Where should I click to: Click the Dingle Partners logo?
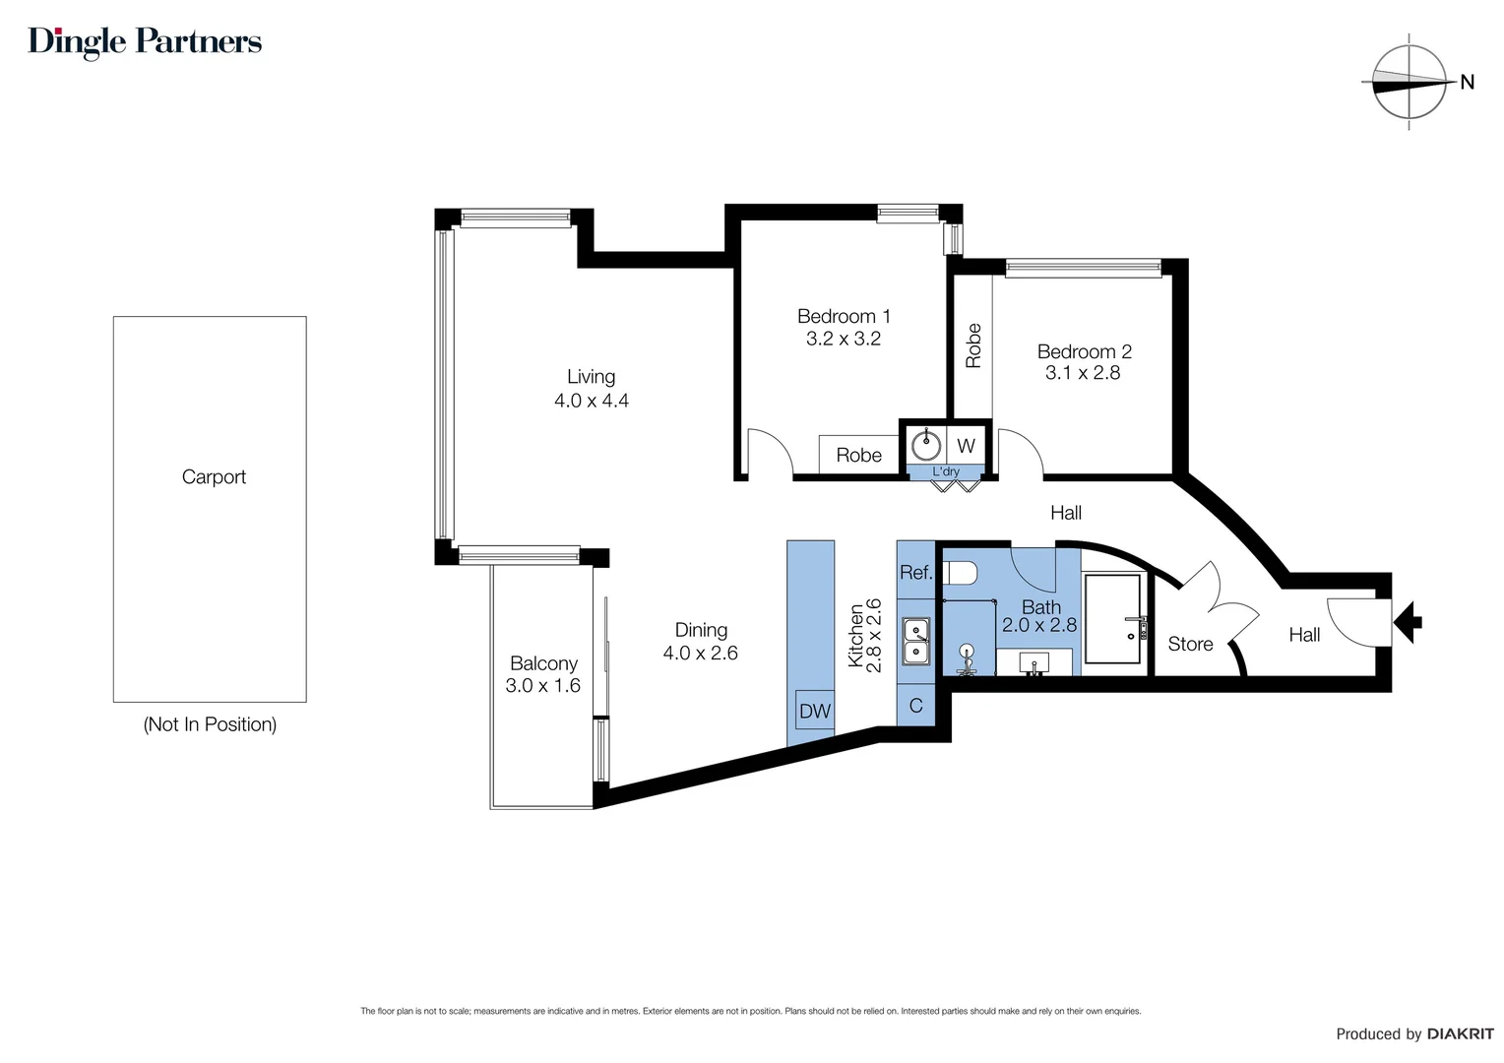pos(145,41)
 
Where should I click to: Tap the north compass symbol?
pos(1410,83)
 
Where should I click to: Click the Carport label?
pos(214,477)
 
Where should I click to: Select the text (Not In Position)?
pos(210,724)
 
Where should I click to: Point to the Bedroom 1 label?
pos(844,316)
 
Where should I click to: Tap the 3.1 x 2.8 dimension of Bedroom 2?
pos(1083,373)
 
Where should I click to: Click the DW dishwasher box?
pos(814,711)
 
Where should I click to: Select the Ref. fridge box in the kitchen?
pos(915,572)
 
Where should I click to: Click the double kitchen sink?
pos(916,641)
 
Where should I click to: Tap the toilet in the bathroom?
pos(959,573)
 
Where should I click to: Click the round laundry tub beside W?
pos(926,446)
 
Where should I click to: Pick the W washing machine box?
pos(966,446)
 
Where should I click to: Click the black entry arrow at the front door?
pos(1410,621)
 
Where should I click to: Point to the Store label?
pos(1190,645)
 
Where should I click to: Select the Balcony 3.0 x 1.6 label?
pos(542,674)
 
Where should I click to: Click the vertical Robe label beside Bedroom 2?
pos(973,345)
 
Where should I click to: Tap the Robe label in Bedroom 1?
pos(858,455)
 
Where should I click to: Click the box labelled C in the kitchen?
pos(915,706)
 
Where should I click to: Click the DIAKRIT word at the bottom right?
pos(1460,1033)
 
